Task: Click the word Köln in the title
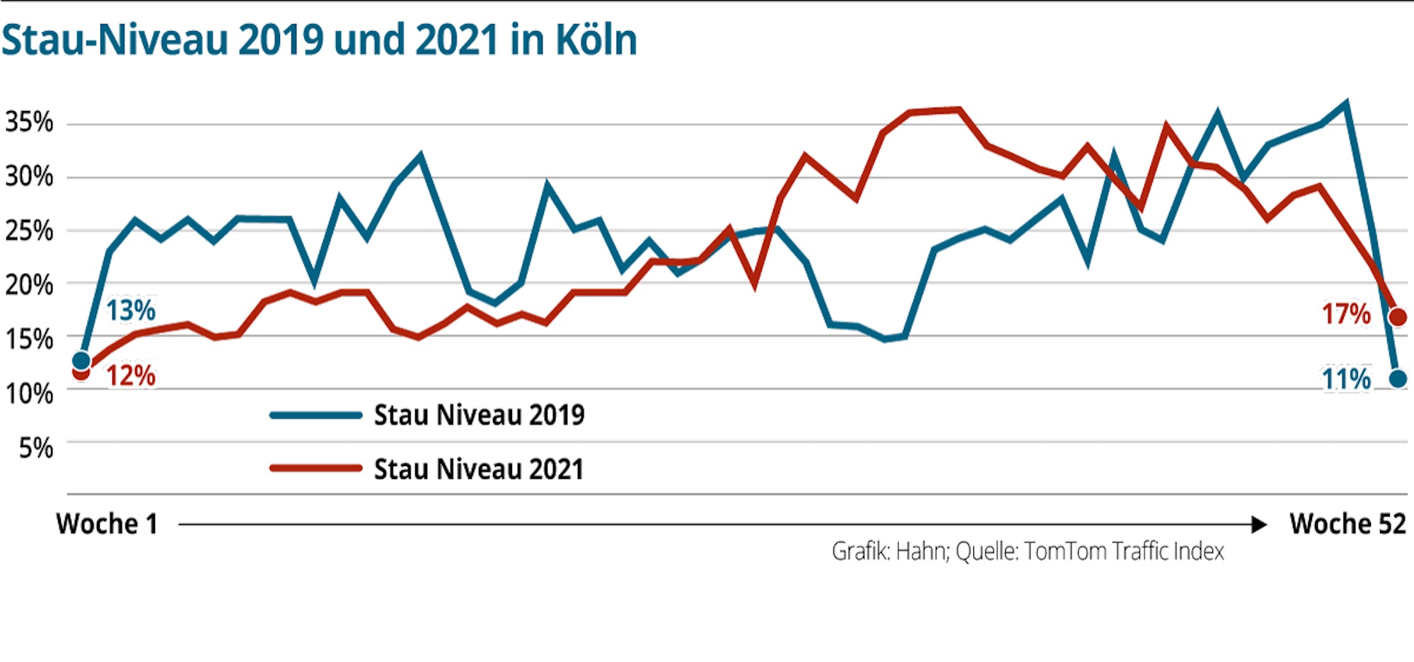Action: (x=596, y=40)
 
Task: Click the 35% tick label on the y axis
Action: (x=29, y=122)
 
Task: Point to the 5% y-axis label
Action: (x=35, y=448)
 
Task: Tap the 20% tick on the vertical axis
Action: (x=29, y=285)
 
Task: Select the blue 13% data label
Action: (x=130, y=310)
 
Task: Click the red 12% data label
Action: (x=131, y=376)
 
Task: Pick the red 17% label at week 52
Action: (x=1346, y=314)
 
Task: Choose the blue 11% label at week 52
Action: (x=1346, y=380)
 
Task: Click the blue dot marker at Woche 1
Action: (x=81, y=361)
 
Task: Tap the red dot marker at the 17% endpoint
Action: (x=1398, y=317)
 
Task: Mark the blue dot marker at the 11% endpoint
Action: (x=1398, y=379)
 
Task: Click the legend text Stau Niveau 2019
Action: (x=479, y=415)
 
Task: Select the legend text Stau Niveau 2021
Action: (x=479, y=469)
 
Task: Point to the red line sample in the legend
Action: (x=316, y=468)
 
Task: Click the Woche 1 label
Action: (x=107, y=524)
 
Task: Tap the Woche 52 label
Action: (x=1348, y=524)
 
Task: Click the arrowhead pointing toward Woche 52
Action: (x=1258, y=525)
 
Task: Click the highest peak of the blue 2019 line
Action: (x=1345, y=104)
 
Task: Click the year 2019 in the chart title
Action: (x=280, y=40)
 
